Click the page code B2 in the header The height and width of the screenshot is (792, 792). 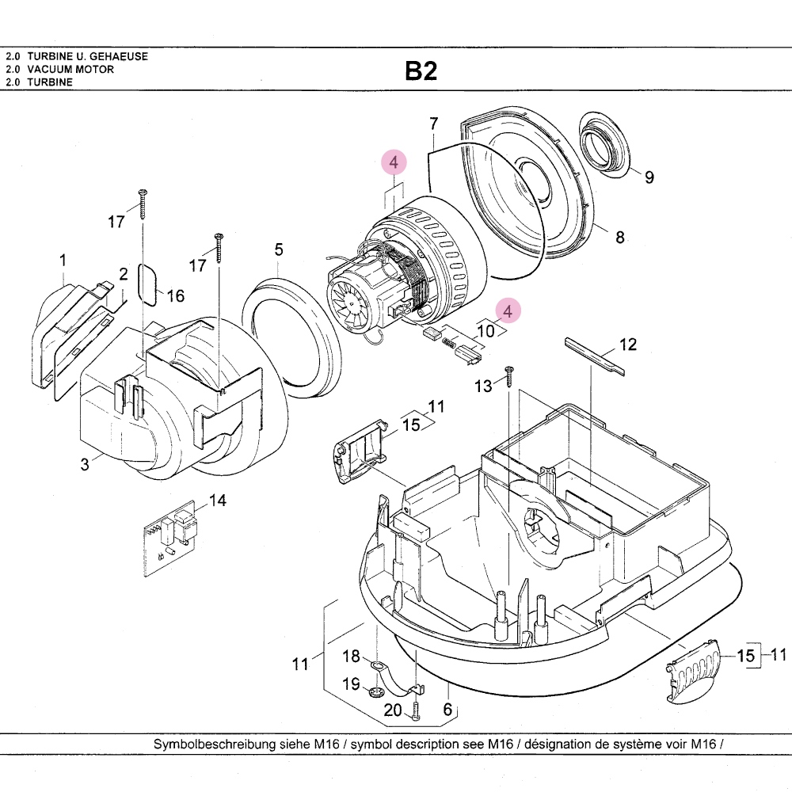click(421, 71)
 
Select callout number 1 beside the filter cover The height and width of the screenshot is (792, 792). click(63, 260)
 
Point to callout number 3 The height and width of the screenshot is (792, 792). click(86, 465)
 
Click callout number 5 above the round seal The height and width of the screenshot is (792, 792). click(279, 249)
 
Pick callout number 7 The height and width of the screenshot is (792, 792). click(433, 124)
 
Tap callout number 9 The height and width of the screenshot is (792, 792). click(649, 177)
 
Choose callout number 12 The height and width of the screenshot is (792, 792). click(628, 345)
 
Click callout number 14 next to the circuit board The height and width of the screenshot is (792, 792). click(217, 501)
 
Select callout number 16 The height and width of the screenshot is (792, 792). click(176, 295)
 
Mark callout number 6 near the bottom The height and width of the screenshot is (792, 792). click(447, 710)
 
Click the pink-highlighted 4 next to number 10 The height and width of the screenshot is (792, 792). click(508, 310)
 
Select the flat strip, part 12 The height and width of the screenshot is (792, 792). click(594, 353)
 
